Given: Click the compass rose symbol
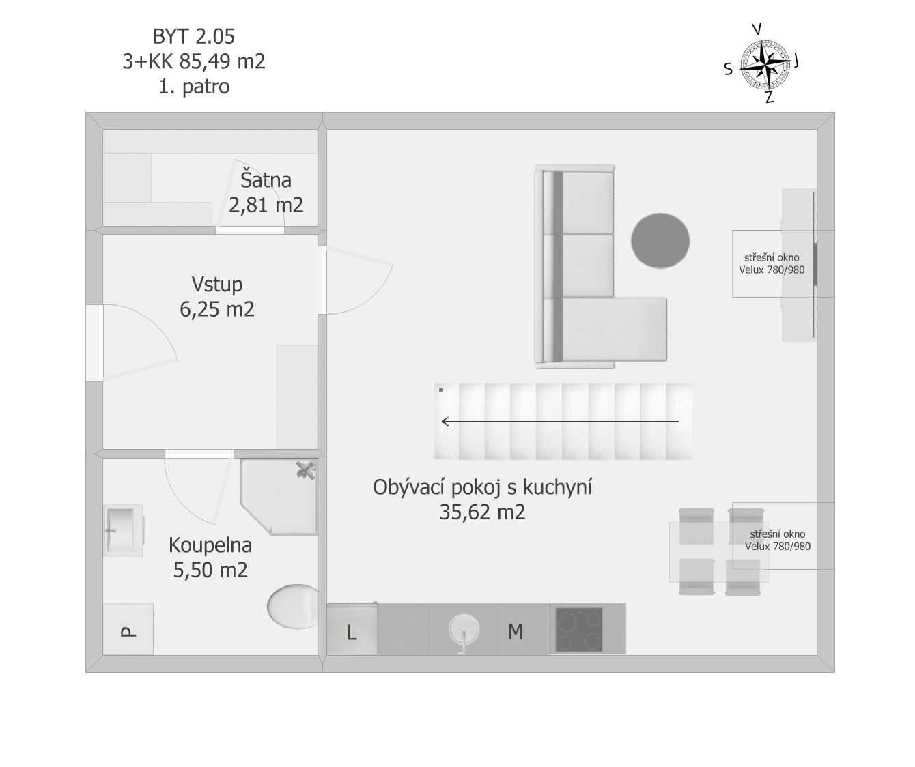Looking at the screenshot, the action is [x=765, y=64].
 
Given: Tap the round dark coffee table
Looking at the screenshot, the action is [x=660, y=241].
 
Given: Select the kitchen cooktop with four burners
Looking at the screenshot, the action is [x=579, y=629].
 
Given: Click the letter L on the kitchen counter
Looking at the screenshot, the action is [x=352, y=633].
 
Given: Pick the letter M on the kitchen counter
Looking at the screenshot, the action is [x=516, y=631].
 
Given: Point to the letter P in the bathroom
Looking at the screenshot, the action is [x=128, y=632].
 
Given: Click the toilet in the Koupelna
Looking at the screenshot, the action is [x=292, y=606].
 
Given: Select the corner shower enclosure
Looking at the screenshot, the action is [x=279, y=496].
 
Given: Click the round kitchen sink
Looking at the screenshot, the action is [x=464, y=629].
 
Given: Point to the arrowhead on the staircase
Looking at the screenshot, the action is [x=445, y=422].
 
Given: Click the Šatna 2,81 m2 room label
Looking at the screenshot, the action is [x=266, y=192].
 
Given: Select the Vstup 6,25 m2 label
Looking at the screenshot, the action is [x=217, y=297].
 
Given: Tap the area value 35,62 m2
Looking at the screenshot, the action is [x=482, y=512].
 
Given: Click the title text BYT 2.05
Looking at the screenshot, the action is [x=194, y=36].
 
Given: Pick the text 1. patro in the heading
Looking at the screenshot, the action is [x=194, y=87].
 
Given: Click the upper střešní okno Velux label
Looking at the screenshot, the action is [x=772, y=263].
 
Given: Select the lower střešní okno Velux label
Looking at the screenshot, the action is [x=778, y=540].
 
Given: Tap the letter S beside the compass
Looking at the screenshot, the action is [x=729, y=69].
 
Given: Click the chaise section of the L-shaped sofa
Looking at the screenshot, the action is [x=614, y=329].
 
